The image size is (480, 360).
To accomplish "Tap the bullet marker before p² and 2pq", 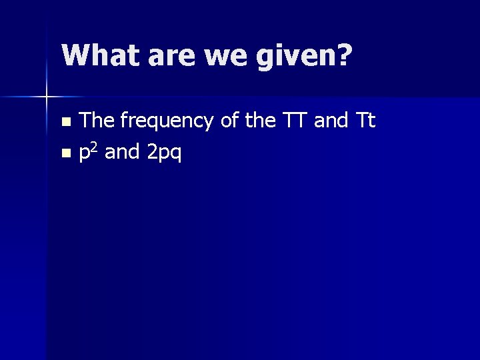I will [65, 154].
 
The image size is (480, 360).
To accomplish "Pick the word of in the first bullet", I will [231, 121].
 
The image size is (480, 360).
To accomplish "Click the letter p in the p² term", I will [85, 155].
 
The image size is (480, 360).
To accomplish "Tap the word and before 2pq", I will [121, 153].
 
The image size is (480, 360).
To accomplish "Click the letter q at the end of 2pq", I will [175, 155].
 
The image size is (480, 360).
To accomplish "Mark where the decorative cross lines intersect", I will [47, 97].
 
